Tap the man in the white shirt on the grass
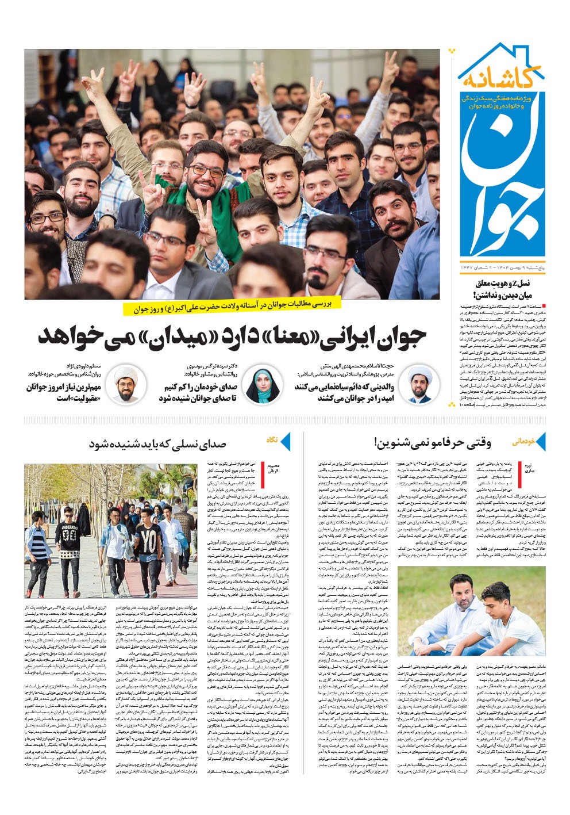454,604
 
